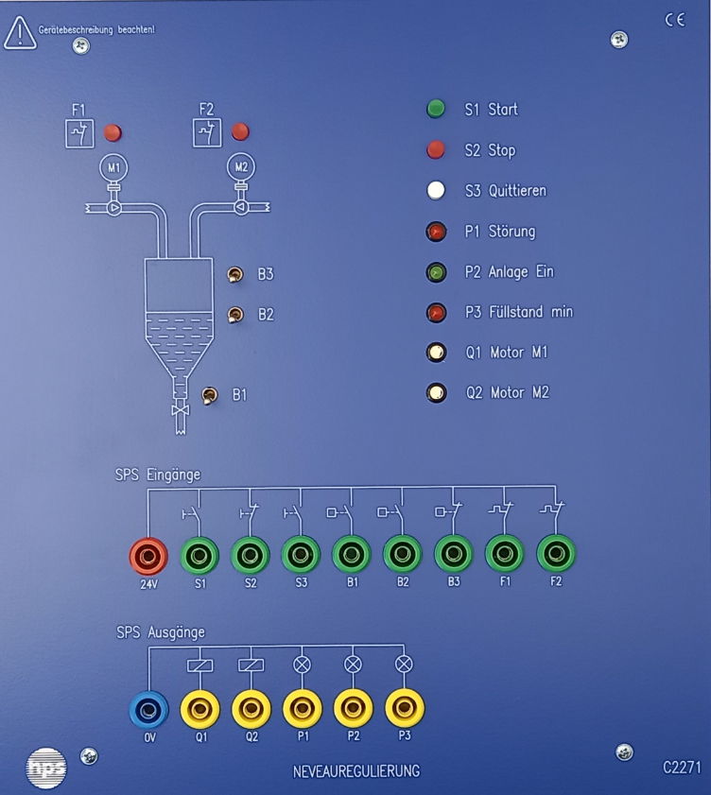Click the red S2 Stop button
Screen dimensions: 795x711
436,149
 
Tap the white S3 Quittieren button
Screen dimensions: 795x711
436,190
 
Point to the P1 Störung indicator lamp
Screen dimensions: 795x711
436,231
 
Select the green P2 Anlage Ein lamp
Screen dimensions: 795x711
436,272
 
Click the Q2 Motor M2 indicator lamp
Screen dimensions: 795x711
436,392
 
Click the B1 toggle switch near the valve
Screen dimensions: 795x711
211,393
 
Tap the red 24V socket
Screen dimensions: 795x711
148,555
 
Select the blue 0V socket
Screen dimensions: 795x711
148,707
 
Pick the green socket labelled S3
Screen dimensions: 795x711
301,555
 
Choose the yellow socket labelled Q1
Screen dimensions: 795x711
200,707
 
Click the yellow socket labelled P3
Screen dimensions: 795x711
404,707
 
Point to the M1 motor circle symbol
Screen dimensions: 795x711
114,168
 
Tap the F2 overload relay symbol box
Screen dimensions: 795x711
207,134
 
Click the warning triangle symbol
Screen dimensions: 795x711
18,33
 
